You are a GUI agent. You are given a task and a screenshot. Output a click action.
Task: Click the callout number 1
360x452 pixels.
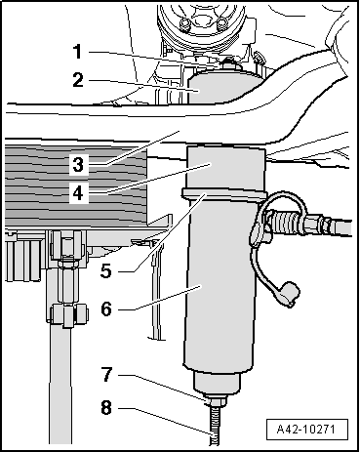coord(77,52)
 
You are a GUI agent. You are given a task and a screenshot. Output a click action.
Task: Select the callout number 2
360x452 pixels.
coord(78,80)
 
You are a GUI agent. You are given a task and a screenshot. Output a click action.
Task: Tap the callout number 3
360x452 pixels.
coord(78,165)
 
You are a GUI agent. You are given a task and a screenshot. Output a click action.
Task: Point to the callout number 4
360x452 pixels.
coord(78,194)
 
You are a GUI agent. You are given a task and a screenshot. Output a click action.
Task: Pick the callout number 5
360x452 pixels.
coord(106,270)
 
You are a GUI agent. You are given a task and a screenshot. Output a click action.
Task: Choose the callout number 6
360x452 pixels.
coord(106,308)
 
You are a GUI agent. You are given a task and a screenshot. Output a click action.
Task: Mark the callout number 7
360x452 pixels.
coord(106,374)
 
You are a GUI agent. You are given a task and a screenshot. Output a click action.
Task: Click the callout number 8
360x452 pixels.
coord(106,407)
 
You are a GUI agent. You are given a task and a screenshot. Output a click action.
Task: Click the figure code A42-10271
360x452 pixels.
coord(306,429)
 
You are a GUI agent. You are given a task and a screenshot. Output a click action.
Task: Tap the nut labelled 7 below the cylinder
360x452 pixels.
coord(215,401)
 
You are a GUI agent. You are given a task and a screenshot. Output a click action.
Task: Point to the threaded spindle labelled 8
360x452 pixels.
coord(215,425)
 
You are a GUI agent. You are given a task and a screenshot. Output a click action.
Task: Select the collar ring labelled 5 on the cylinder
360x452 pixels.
coord(223,193)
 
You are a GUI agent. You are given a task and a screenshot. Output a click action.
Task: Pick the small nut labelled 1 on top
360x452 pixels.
coord(229,63)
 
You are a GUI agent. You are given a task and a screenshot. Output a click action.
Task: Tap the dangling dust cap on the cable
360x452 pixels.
coord(288,295)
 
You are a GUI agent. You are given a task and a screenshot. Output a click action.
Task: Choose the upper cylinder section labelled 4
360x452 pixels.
coord(224,168)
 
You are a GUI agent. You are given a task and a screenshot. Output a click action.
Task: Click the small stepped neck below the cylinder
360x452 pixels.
coord(217,384)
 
